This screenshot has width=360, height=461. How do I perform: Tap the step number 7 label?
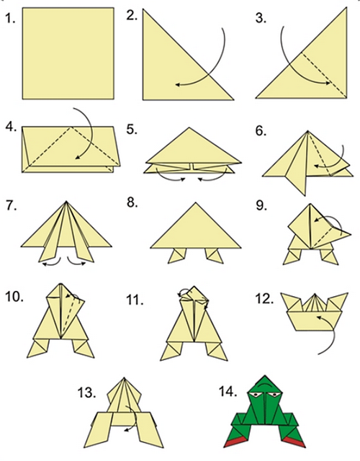coord(11,205)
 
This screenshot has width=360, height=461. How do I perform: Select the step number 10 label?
coord(14,297)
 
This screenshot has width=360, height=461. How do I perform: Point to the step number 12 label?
coord(264,299)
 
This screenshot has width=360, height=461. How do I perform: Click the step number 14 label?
coord(228,392)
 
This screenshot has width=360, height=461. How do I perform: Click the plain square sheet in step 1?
coord(68,53)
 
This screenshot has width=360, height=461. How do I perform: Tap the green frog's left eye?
coord(256,395)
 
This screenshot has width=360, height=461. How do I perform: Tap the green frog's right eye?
coord(274,395)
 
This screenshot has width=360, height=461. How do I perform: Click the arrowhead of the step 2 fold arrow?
coord(178,85)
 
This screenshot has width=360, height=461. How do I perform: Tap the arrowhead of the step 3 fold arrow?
coord(328,84)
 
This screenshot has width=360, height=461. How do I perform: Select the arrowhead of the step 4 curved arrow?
coord(77,157)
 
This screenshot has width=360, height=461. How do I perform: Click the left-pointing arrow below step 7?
coord(52,262)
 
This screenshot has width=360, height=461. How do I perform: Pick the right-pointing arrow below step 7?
coord(76,262)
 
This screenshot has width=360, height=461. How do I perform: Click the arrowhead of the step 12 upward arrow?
coord(318,317)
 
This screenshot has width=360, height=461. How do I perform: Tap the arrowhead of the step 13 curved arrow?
coord(127,431)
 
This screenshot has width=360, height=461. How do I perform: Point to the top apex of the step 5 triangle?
coord(189,127)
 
